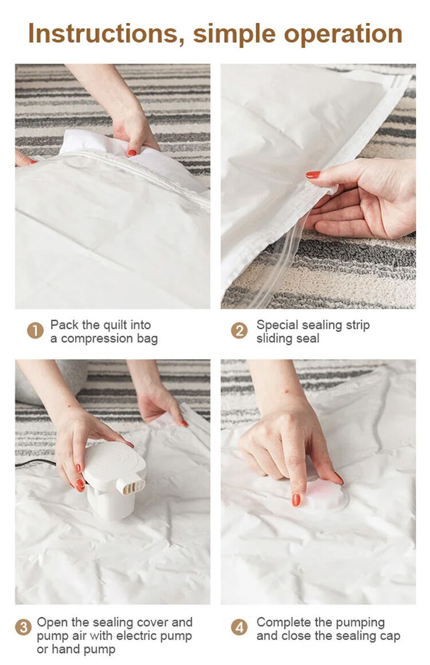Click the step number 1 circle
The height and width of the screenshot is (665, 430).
(x=35, y=331)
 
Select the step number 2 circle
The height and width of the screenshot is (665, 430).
(x=240, y=331)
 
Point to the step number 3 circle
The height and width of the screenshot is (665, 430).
(x=24, y=627)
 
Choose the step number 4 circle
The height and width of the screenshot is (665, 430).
(x=240, y=627)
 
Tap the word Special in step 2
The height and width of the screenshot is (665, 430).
(x=276, y=325)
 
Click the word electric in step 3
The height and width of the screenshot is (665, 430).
(x=135, y=636)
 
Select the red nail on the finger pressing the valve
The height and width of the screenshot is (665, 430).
(x=296, y=499)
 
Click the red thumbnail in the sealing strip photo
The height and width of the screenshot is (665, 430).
(x=313, y=174)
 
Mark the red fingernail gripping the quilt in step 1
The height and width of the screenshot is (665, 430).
(x=132, y=153)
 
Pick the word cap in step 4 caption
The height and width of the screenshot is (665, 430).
(x=390, y=636)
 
